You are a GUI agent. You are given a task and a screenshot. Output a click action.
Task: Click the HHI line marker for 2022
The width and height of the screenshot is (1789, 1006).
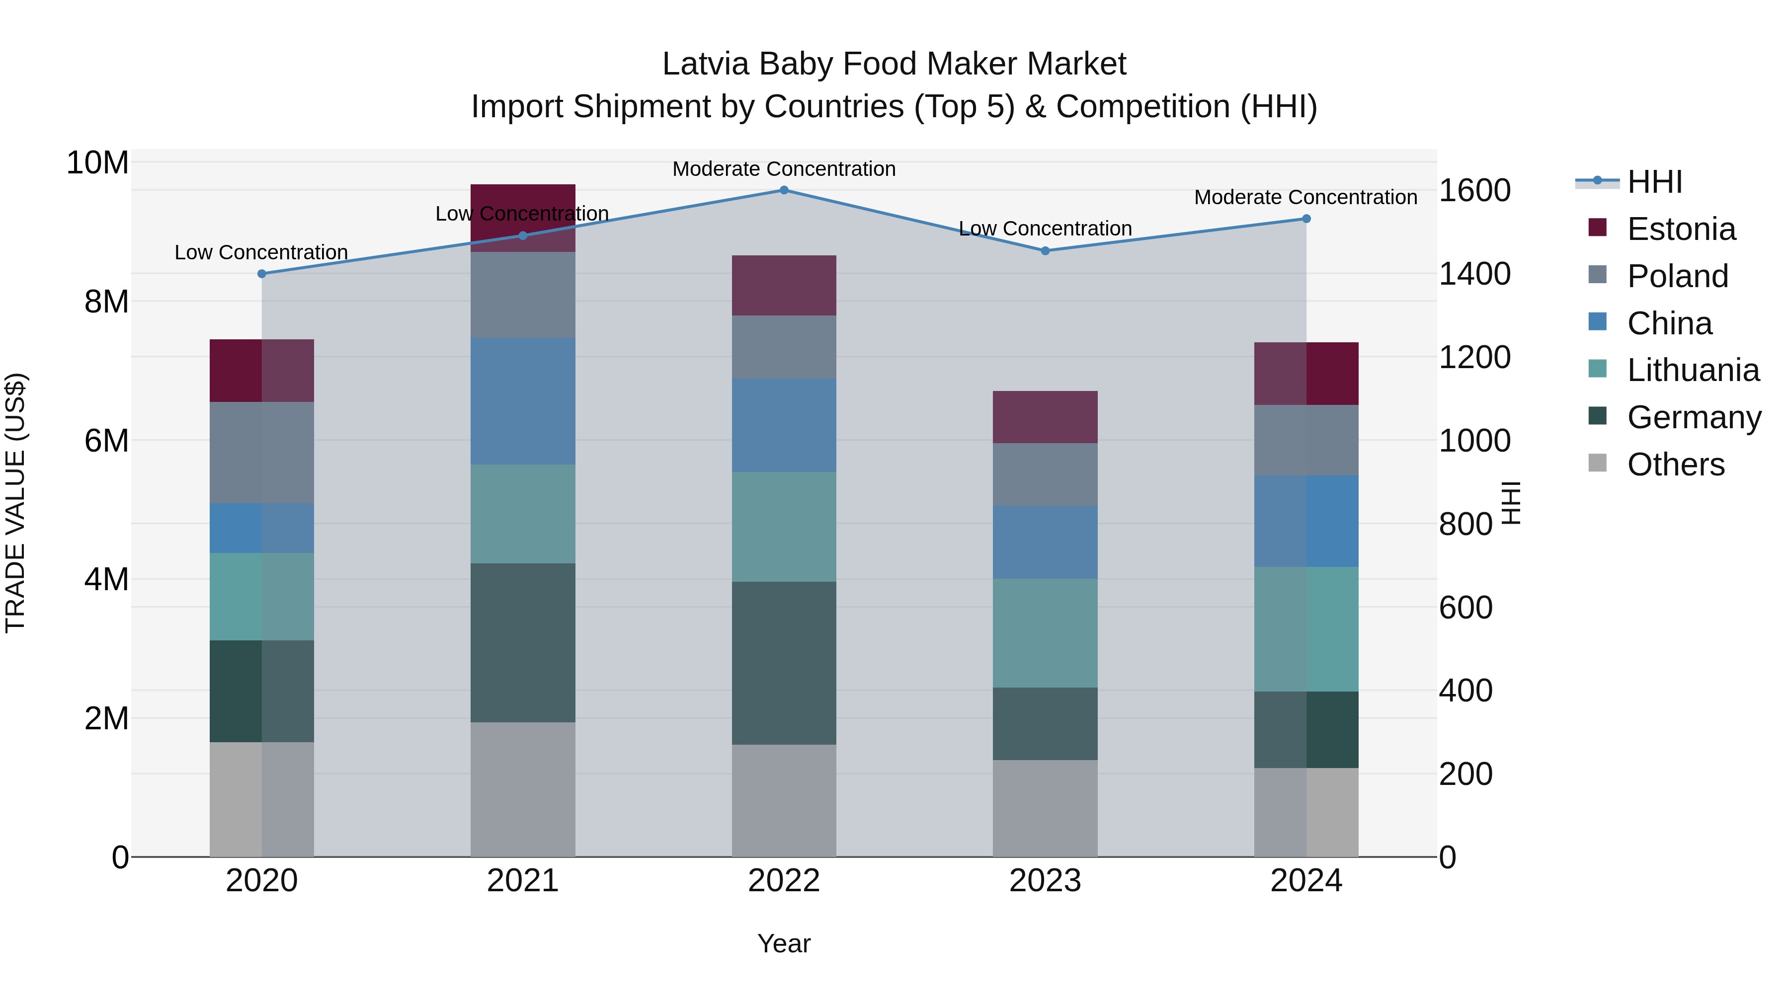784,190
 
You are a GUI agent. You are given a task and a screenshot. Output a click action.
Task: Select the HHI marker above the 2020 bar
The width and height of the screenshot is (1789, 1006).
262,274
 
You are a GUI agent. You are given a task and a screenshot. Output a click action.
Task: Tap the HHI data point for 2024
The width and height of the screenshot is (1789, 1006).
1306,219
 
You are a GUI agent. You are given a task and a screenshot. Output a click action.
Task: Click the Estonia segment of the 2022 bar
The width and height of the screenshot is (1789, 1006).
784,285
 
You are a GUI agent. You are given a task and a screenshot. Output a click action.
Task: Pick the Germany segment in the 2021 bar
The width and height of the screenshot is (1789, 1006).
523,642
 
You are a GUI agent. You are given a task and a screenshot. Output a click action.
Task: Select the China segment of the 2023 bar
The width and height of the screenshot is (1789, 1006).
1045,542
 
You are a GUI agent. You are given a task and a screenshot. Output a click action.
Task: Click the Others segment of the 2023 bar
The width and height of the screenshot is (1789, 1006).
1045,808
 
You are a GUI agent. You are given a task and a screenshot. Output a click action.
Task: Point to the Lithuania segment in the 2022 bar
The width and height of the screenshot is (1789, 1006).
784,527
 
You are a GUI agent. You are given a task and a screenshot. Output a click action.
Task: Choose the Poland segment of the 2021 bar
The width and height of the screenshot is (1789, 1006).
523,295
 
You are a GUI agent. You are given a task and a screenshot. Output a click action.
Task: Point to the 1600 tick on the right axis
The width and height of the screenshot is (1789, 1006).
1474,190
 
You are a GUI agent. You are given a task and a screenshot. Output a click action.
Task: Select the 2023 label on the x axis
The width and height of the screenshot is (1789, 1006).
1045,880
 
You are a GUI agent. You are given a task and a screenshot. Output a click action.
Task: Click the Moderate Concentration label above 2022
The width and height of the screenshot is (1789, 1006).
784,169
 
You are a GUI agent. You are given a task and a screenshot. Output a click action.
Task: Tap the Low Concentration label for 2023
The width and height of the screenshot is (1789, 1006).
1045,229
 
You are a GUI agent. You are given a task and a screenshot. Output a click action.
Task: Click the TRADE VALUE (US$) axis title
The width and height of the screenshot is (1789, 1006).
16,503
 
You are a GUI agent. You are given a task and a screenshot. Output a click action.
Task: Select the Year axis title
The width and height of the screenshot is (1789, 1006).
784,943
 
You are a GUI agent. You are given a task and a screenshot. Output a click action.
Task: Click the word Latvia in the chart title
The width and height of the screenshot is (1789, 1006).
706,64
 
